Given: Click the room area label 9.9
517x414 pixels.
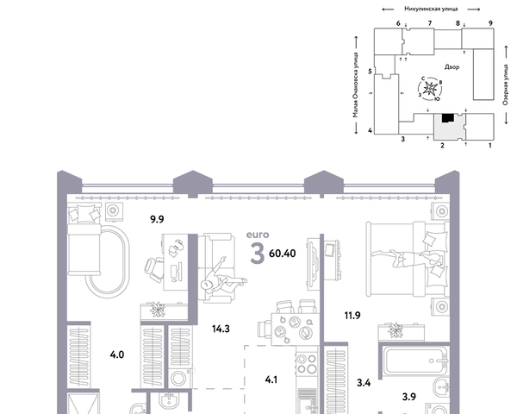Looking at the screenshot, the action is [x=157, y=219].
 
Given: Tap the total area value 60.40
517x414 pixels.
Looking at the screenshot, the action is [x=283, y=254].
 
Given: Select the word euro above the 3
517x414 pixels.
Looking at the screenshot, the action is [x=258, y=235].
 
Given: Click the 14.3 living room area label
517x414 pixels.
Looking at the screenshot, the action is [x=221, y=329].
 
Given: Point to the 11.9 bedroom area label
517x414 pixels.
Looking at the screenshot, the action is [x=352, y=316].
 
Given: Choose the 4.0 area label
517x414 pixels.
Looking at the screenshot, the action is [x=117, y=354].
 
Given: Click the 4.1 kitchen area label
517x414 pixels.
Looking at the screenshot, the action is [x=271, y=379].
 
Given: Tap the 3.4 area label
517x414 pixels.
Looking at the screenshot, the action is [x=364, y=383].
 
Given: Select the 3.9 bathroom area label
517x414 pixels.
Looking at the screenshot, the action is [x=408, y=397].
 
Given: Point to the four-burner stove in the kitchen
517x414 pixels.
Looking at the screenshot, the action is [x=307, y=364].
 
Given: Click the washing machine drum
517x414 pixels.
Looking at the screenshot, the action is [x=178, y=379].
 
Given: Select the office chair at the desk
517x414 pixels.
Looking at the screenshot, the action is [x=153, y=269].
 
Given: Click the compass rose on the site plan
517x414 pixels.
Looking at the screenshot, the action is [x=430, y=89].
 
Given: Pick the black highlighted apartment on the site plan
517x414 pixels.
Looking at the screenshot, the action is [x=448, y=118].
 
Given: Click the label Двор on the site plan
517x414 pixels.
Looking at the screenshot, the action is [x=452, y=67].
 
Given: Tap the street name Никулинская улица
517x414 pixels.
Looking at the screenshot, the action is [x=431, y=9].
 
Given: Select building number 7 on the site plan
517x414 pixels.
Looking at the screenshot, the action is [x=430, y=23].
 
